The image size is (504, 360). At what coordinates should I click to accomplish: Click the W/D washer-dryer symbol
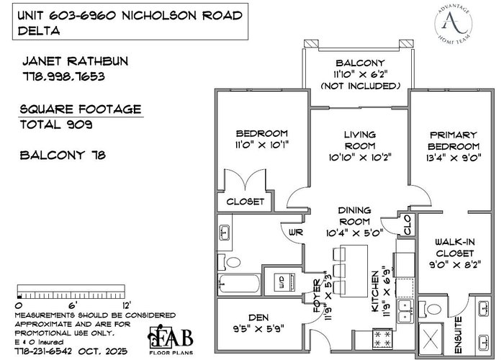(x=284, y=282)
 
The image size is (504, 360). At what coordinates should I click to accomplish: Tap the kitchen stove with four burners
(x=382, y=339)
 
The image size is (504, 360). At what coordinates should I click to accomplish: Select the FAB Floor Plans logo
(x=171, y=340)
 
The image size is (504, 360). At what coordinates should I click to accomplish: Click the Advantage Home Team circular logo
(x=454, y=24)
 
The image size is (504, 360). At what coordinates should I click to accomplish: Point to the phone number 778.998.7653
(x=63, y=76)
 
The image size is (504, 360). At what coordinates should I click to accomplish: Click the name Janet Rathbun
(x=75, y=61)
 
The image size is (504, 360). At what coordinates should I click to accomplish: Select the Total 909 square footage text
(x=56, y=125)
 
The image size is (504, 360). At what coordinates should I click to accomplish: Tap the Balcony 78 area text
(x=63, y=156)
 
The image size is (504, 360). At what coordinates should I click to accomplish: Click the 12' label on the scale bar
(x=127, y=305)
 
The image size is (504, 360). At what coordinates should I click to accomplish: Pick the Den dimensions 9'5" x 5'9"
(x=258, y=329)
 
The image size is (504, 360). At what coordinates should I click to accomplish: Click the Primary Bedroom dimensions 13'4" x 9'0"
(x=453, y=158)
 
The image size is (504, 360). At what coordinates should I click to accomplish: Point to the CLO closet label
(x=406, y=225)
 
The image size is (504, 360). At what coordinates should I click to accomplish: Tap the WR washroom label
(x=295, y=232)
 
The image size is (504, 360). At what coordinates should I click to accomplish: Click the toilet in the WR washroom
(x=230, y=262)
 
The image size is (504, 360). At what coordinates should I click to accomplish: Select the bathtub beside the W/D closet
(x=240, y=284)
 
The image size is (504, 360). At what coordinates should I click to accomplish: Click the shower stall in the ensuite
(x=431, y=338)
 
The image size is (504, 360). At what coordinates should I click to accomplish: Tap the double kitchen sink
(x=406, y=311)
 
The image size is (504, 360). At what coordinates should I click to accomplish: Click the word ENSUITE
(x=459, y=335)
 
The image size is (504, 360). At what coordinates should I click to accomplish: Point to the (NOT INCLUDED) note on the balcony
(x=360, y=86)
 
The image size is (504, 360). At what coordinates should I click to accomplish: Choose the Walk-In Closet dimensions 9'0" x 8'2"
(x=455, y=265)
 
